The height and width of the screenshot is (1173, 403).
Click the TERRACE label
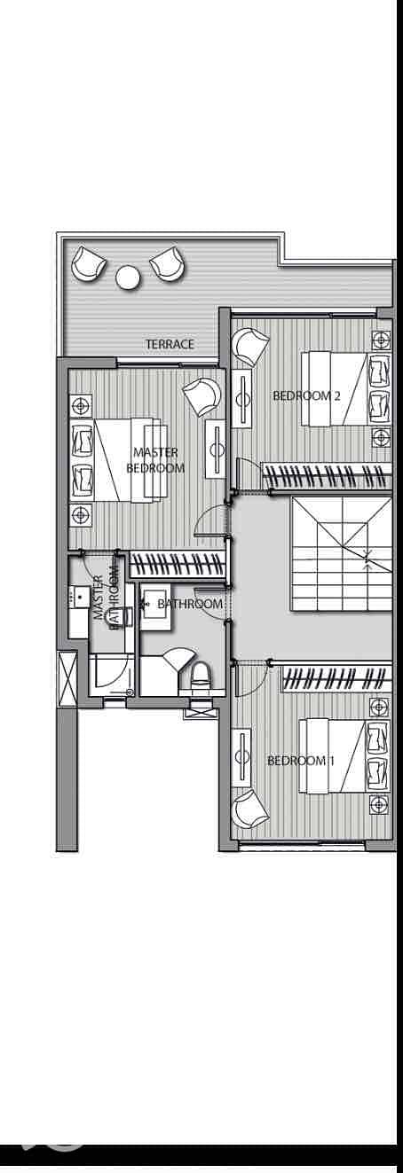tap(170, 344)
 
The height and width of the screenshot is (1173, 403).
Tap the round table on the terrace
tap(129, 277)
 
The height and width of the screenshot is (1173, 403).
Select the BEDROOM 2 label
tap(306, 396)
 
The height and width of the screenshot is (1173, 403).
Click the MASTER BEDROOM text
tap(155, 460)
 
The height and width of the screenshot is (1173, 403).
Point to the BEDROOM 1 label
tap(301, 761)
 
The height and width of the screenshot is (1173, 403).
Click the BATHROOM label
tap(190, 604)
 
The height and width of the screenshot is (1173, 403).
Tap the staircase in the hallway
tap(341, 553)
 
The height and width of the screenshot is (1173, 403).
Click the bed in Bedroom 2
tap(346, 388)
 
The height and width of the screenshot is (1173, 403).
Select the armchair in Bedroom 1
tap(251, 809)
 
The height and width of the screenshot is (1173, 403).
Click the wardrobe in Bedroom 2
tap(327, 476)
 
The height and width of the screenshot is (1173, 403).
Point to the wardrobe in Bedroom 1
tap(337, 678)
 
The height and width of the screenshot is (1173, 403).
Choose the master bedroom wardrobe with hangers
tap(178, 566)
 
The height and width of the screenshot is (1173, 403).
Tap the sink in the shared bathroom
tap(155, 609)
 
